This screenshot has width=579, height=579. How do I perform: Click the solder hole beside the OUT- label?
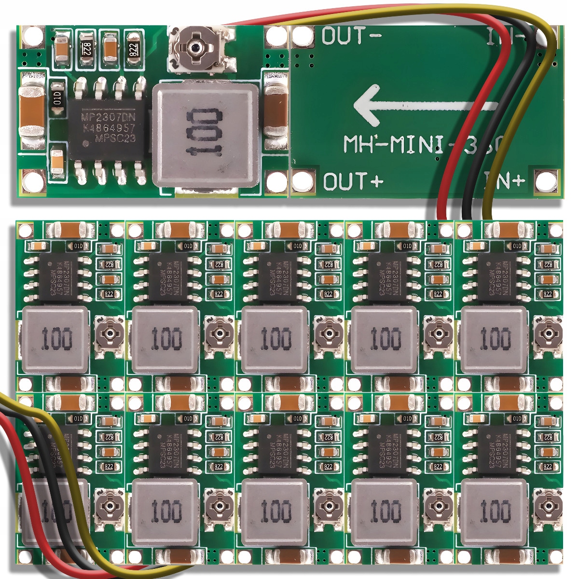[x=302, y=36]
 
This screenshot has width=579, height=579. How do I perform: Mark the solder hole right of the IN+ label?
[x=545, y=181]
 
